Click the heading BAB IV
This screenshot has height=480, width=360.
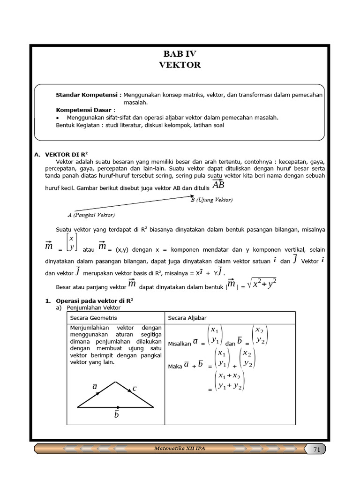[x=180, y=54]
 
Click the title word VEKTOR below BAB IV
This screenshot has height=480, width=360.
[x=180, y=65]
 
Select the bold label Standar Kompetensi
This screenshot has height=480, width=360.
[x=89, y=95]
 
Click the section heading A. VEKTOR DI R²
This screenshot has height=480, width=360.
[x=65, y=154]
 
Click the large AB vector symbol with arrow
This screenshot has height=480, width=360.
[x=218, y=185]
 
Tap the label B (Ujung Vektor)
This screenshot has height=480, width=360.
[x=211, y=200]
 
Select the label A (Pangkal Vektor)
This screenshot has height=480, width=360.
[x=91, y=215]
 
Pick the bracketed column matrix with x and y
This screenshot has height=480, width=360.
[x=71, y=242]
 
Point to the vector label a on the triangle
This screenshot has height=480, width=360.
[x=95, y=386]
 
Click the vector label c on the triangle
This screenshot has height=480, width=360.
[x=135, y=388]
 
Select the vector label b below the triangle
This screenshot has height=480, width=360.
[x=117, y=415]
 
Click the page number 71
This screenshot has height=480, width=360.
[x=316, y=450]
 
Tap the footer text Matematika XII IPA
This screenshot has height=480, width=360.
[x=180, y=449]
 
